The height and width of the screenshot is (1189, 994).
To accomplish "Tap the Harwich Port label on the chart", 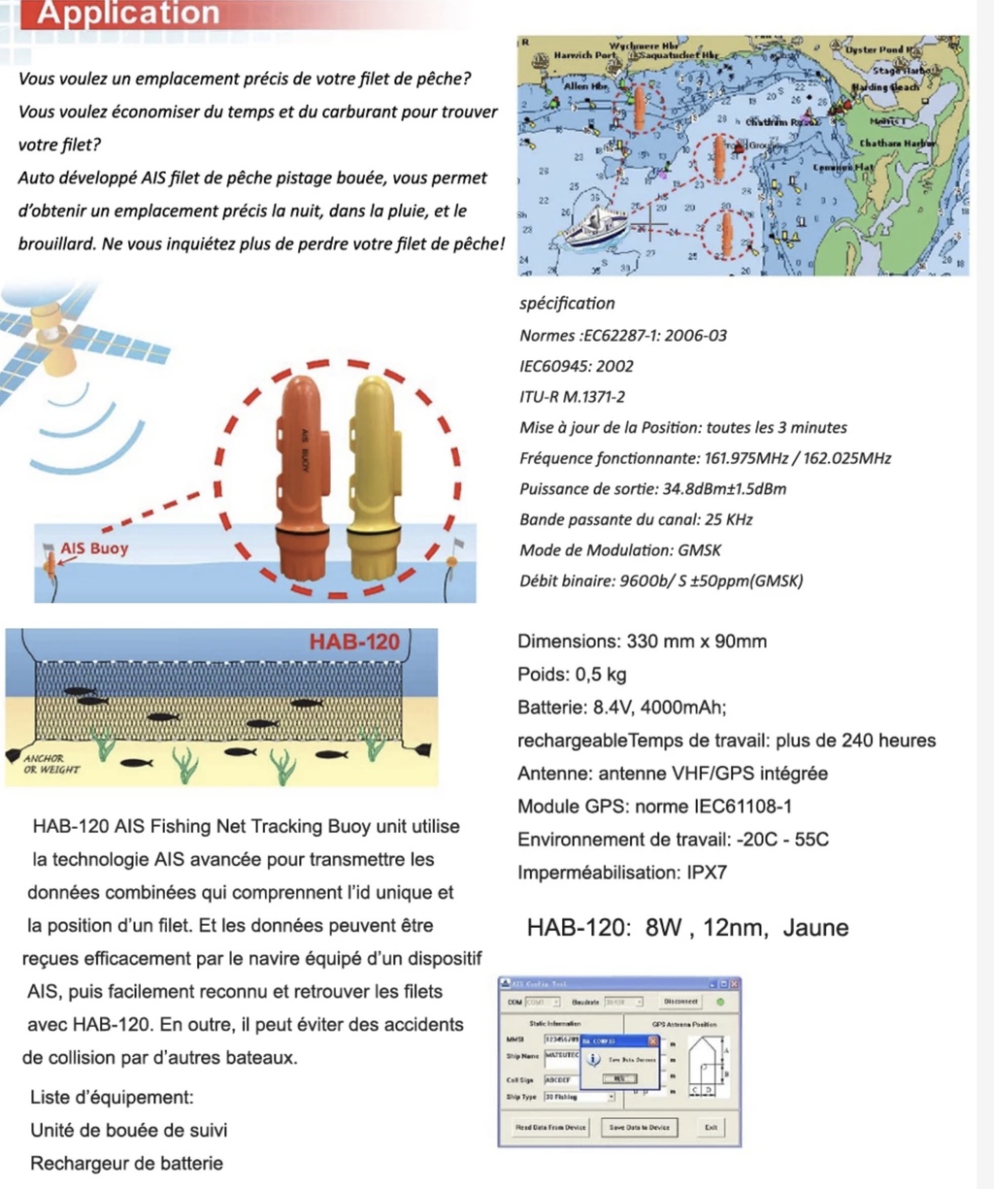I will pos(584,55).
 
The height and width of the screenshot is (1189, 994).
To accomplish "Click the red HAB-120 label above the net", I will pos(354,642).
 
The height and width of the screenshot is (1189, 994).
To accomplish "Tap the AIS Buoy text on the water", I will pos(94,548).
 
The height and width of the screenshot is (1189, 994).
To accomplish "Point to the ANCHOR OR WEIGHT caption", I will pos(50,764).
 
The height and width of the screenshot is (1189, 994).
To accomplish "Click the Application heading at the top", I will pos(128,14).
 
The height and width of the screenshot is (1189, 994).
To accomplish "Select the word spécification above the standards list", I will pos(567,303).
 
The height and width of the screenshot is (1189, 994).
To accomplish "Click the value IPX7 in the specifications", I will pos(707,872).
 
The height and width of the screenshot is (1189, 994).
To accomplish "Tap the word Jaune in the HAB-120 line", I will pos(815,927).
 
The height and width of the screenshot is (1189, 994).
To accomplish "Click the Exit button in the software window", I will pos(711,1127).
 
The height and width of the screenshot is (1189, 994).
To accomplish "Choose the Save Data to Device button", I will pos(640,1127).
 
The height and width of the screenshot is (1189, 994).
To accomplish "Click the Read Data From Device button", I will pos(550,1127).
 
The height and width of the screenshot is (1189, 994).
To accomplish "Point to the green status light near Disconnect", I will pos(720,1001).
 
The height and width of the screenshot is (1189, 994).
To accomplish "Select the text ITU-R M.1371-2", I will pos(573,397).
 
